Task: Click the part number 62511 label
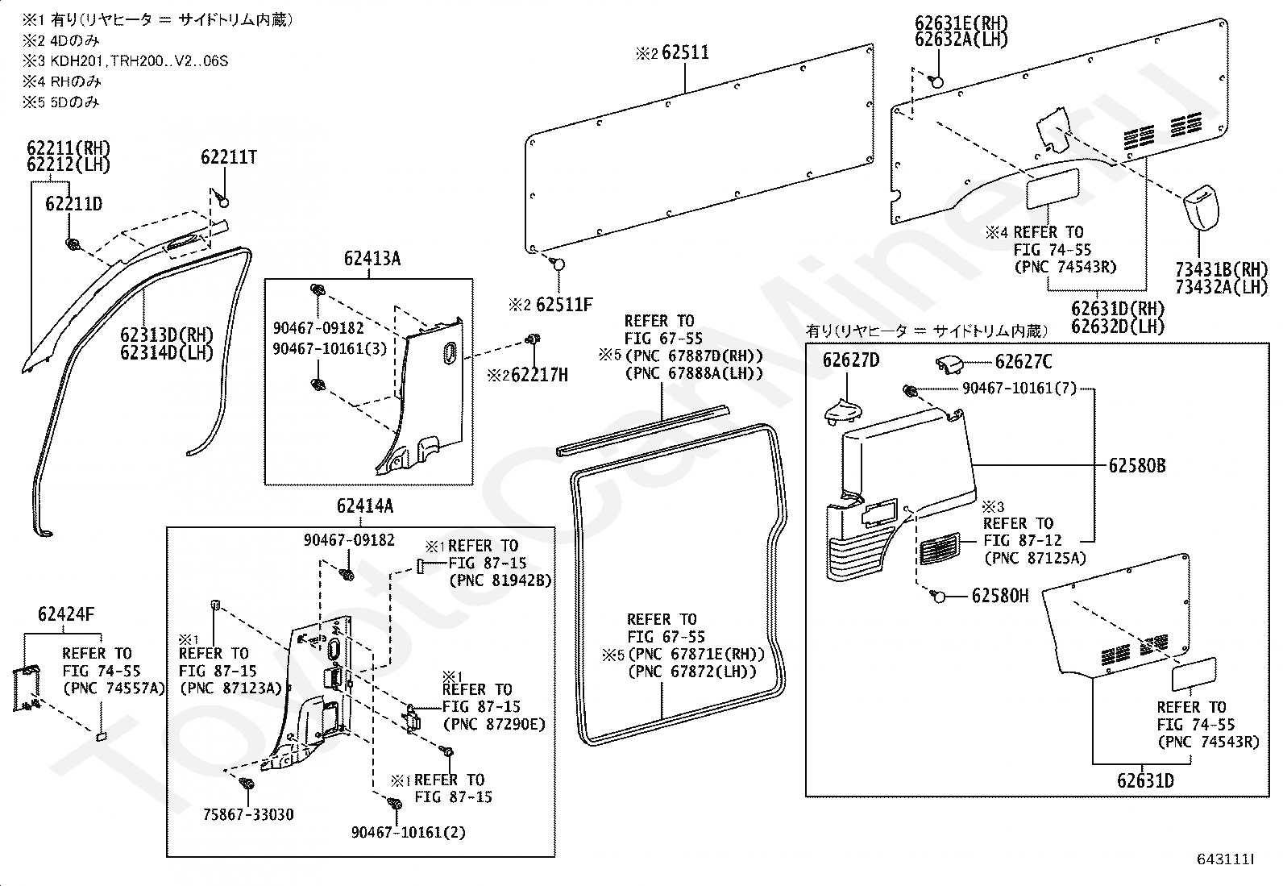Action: pos(685,52)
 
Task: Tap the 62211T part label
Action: pos(229,157)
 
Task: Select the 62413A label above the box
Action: pos(372,259)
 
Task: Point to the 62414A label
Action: pos(365,506)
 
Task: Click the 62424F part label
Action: pos(66,614)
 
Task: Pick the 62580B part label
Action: pos(1137,466)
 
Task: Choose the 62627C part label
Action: pos(1023,362)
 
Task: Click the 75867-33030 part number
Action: pos(248,814)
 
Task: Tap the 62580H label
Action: pos(1000,596)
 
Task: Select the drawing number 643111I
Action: pos(1225,859)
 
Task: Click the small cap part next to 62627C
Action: pos(949,364)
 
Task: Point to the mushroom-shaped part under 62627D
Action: pos(843,412)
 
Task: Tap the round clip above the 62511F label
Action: pos(557,264)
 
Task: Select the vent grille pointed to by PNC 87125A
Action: pos(939,548)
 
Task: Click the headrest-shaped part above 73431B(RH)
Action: pos(1201,206)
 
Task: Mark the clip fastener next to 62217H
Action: pos(534,339)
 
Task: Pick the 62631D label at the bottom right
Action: pos(1145,780)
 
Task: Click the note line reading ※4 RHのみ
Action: pos(61,81)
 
